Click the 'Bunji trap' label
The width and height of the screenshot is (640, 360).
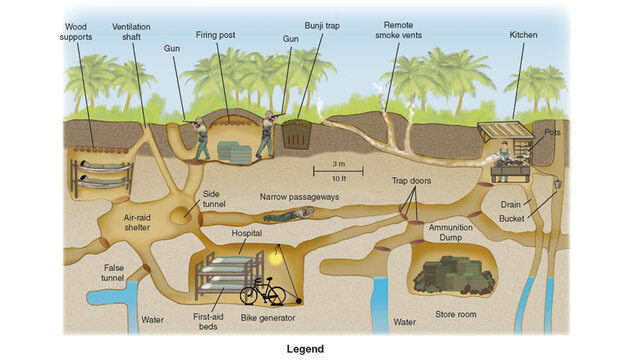(x=322, y=25)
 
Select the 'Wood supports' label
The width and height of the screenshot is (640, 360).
(x=77, y=32)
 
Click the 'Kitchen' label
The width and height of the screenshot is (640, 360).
(x=522, y=35)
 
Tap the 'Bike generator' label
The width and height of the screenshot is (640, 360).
(x=265, y=319)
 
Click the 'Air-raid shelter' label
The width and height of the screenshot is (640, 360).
(x=138, y=222)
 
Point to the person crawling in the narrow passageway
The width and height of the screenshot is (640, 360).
(x=288, y=214)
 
